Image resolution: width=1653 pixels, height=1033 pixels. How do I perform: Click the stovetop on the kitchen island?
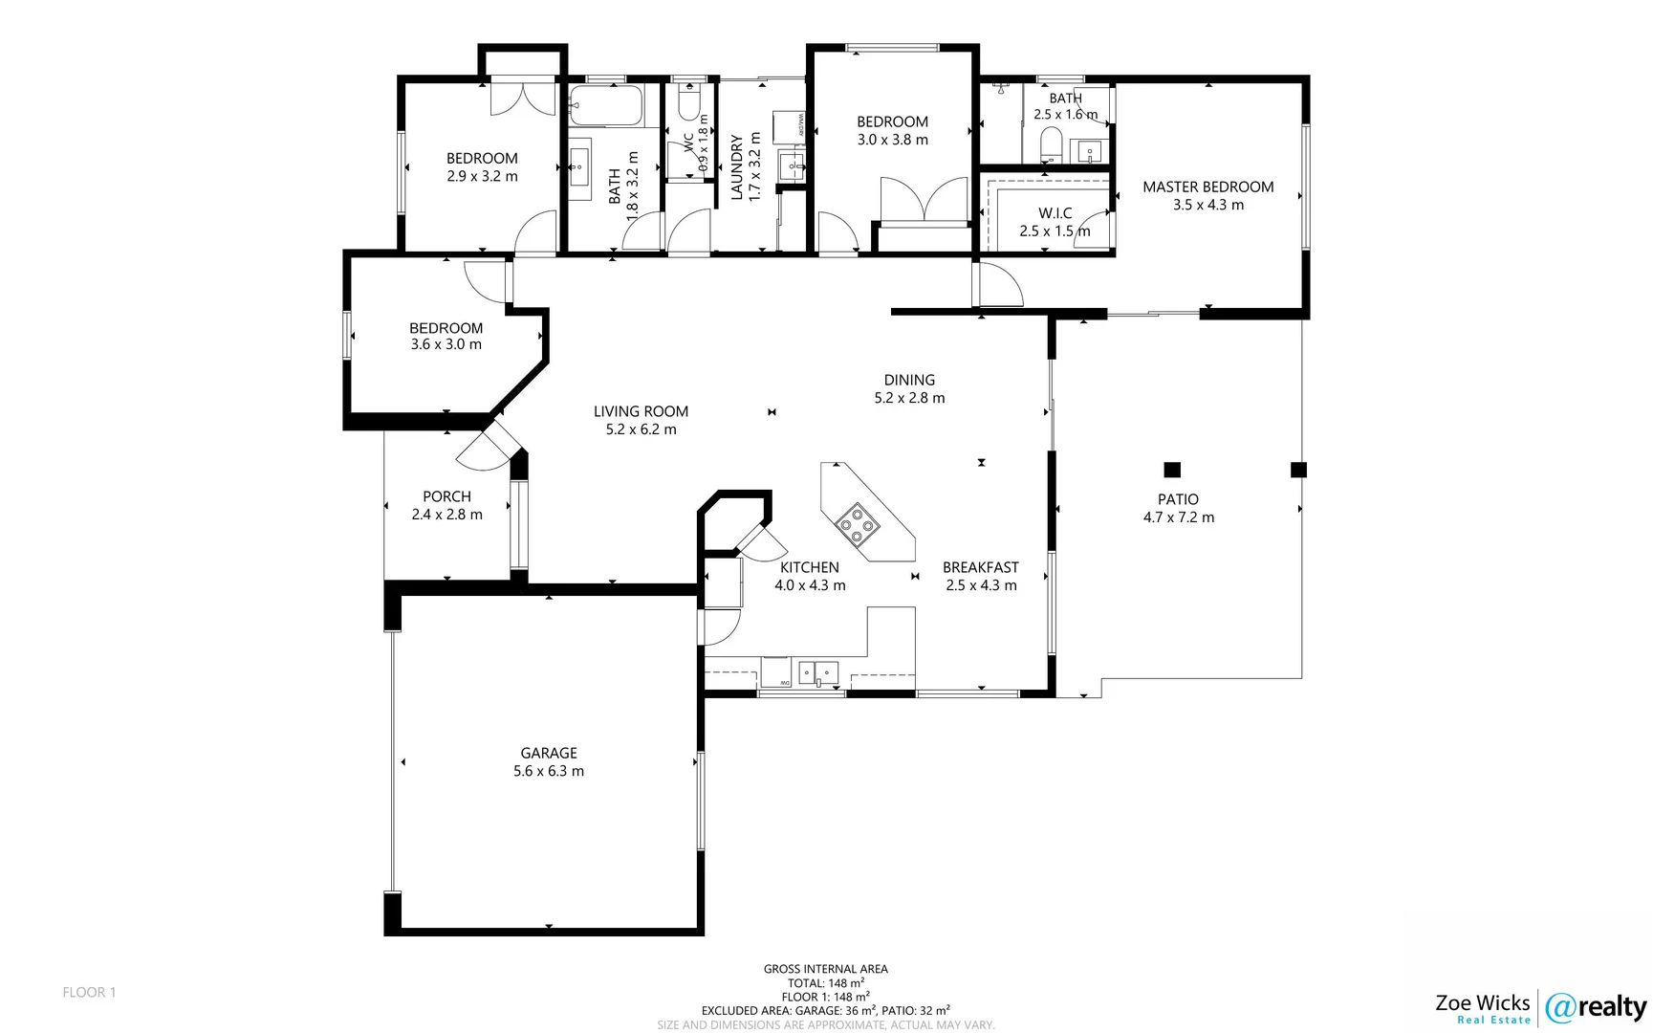857,522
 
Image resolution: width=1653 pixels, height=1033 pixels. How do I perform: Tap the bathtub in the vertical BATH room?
606,106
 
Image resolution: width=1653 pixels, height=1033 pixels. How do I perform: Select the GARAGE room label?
549,753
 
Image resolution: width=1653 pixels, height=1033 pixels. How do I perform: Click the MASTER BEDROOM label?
1207,187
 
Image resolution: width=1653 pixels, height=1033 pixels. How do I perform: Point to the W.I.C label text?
1055,213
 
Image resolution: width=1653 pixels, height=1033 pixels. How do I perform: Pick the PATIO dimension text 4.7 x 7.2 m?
1178,517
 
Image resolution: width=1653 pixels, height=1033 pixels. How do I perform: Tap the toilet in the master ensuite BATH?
1050,146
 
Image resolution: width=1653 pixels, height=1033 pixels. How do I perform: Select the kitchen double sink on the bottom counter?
818,672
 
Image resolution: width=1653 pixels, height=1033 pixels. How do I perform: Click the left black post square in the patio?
1172,470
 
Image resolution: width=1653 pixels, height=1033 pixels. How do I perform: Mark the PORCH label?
446,496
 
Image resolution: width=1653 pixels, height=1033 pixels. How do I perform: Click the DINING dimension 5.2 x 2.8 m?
909,398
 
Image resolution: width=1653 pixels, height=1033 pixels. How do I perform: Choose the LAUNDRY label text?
737,167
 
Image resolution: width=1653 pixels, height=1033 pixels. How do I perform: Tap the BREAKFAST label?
980,567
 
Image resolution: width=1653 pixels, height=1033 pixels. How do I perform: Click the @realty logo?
1595,1007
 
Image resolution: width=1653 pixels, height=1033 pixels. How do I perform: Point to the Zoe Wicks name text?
1482,1002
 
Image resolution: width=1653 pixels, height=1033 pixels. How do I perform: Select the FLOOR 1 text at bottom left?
89,992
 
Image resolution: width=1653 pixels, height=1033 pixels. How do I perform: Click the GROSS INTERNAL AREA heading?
825,969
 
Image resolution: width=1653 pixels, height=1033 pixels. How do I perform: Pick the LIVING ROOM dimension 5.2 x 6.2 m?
641,429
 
